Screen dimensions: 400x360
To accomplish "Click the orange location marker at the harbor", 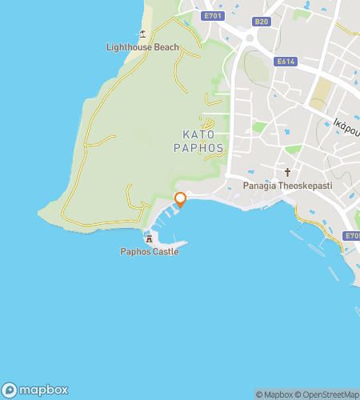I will (x=180, y=198).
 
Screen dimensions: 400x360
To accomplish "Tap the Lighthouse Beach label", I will (x=143, y=47).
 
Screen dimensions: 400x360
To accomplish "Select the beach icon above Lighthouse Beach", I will (x=142, y=34).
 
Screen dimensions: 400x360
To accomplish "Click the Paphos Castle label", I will (x=150, y=252).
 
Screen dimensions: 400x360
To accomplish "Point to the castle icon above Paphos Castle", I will (x=149, y=238).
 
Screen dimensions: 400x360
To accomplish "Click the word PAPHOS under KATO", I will (x=199, y=148).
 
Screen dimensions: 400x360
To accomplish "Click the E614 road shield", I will (x=286, y=62).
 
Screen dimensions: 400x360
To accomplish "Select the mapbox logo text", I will (x=44, y=390).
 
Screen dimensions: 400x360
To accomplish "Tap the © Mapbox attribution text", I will (x=274, y=394).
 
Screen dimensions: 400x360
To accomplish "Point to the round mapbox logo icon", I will (x=10, y=390).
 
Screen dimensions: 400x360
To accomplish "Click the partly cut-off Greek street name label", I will (x=345, y=126).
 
